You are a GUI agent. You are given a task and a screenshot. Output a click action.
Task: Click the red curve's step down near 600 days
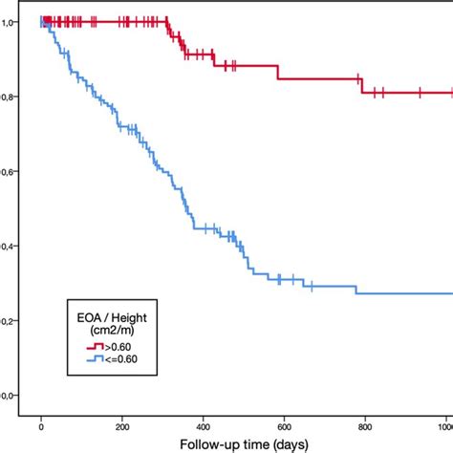click(x=277, y=72)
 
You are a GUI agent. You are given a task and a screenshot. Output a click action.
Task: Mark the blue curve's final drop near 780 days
click(x=356, y=289)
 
